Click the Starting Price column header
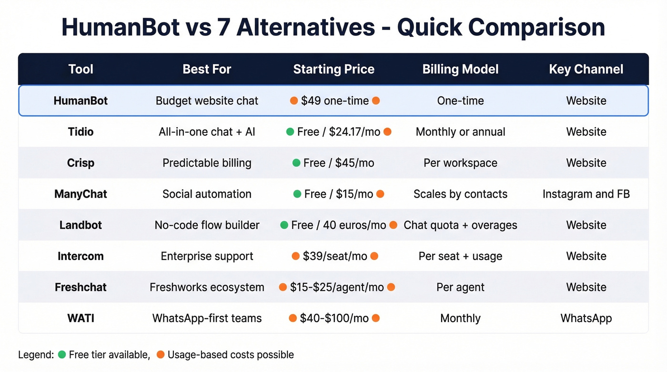(x=333, y=70)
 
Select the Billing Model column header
(x=460, y=70)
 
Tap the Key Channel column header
(x=586, y=70)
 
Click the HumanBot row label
(x=81, y=101)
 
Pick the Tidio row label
(x=81, y=132)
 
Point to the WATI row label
(x=81, y=318)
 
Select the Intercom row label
(x=81, y=256)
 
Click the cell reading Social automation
(x=207, y=194)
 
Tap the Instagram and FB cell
(x=586, y=194)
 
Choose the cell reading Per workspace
(x=460, y=163)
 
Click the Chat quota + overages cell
(x=460, y=225)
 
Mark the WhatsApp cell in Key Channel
(x=586, y=318)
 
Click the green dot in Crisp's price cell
(x=297, y=163)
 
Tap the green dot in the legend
(x=62, y=354)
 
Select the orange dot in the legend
(x=161, y=354)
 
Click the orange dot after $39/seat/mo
(x=374, y=256)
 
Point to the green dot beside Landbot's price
(x=284, y=225)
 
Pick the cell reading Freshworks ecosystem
(x=207, y=287)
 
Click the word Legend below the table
(x=36, y=355)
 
